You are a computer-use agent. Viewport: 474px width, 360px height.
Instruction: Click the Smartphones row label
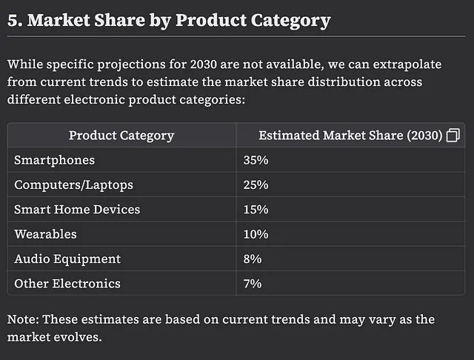tap(54, 160)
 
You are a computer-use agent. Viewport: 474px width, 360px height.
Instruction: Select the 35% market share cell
tap(256, 160)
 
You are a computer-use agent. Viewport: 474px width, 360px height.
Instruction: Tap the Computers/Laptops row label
tap(73, 185)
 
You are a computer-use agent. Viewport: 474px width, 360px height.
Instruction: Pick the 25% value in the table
tap(256, 184)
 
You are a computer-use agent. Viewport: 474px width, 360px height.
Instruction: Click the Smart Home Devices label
tap(77, 210)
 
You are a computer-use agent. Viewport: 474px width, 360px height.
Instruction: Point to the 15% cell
tap(256, 210)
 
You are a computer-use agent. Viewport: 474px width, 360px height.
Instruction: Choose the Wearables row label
tap(45, 234)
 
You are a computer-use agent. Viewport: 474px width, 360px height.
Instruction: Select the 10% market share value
tap(256, 234)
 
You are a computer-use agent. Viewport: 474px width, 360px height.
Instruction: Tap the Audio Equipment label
tap(67, 259)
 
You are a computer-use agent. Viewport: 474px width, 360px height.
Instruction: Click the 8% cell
tap(253, 259)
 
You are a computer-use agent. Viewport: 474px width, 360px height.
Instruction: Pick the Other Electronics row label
tap(67, 284)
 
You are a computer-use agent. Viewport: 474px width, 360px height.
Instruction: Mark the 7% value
tap(253, 284)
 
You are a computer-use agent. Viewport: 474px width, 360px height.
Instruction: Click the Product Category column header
tap(121, 136)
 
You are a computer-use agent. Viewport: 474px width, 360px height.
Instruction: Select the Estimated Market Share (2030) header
tap(350, 136)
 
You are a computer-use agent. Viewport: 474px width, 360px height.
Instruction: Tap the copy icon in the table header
tap(453, 135)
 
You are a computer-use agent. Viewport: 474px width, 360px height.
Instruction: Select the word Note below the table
tap(23, 319)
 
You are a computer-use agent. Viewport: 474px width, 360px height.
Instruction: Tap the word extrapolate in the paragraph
tap(407, 64)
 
